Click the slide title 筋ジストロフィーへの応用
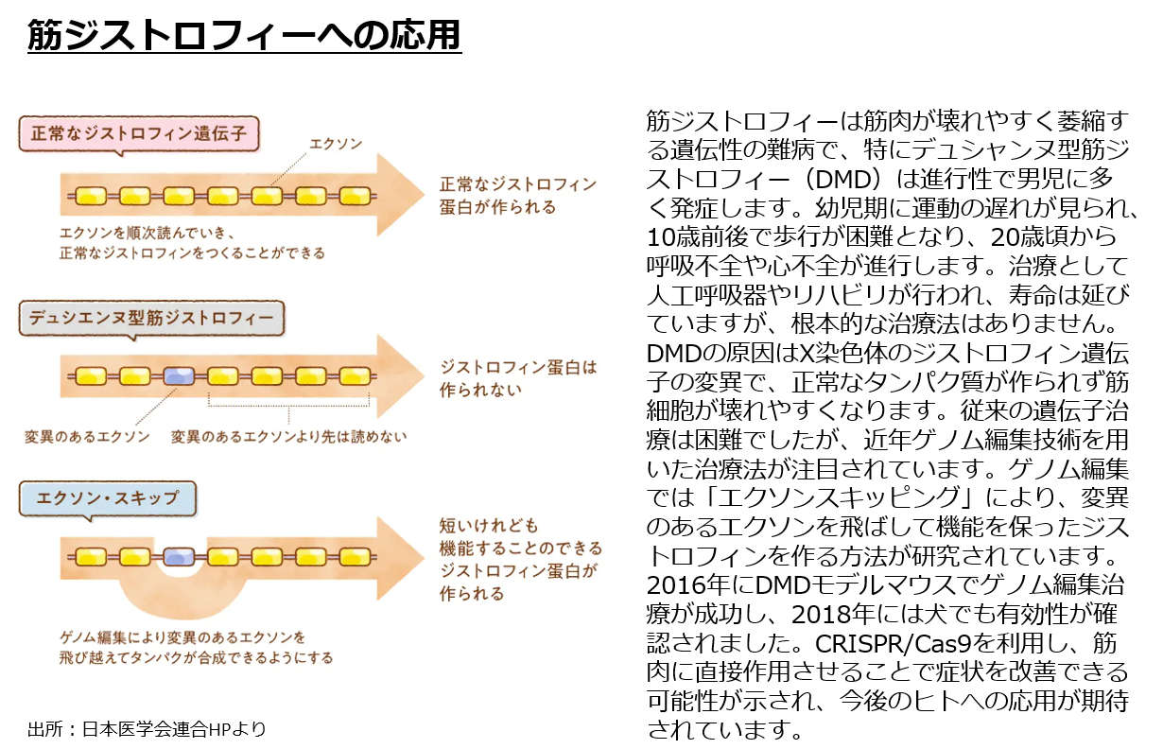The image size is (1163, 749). click(x=244, y=36)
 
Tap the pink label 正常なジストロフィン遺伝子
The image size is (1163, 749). click(x=139, y=133)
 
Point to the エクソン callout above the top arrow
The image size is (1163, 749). click(x=336, y=144)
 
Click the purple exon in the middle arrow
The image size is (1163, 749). click(x=179, y=375)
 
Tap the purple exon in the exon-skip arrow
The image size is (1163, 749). click(x=179, y=556)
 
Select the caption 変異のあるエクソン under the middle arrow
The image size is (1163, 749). click(x=87, y=436)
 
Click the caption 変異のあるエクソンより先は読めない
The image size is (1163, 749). click(x=288, y=436)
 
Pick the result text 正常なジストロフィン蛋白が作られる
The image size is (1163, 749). click(x=517, y=195)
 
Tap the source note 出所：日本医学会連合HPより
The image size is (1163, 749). click(x=147, y=728)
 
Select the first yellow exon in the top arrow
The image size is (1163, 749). click(x=91, y=196)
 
